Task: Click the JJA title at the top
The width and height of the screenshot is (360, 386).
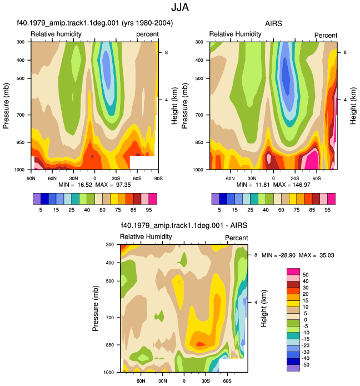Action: pyautogui.click(x=180, y=7)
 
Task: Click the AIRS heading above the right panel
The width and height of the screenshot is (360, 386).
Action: pyautogui.click(x=273, y=23)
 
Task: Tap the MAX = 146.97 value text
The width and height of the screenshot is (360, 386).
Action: pyautogui.click(x=292, y=185)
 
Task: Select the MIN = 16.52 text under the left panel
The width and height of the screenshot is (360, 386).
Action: pyautogui.click(x=75, y=185)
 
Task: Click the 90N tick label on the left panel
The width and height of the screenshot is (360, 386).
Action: pyautogui.click(x=31, y=179)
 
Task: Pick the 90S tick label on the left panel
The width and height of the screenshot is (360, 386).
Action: pyautogui.click(x=158, y=179)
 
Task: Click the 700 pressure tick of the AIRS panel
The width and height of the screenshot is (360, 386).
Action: pyautogui.click(x=199, y=115)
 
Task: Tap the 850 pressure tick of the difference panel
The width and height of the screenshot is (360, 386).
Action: pyautogui.click(x=110, y=345)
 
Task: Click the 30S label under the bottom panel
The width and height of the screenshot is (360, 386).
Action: pyautogui.click(x=206, y=381)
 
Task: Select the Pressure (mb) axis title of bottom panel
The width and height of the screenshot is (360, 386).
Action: pyautogui.click(x=96, y=308)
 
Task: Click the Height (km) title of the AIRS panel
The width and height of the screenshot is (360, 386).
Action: pyautogui.click(x=353, y=106)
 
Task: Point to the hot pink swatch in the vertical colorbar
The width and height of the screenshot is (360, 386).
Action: pyautogui.click(x=293, y=271)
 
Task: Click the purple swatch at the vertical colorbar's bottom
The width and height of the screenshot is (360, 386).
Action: pyautogui.click(x=293, y=368)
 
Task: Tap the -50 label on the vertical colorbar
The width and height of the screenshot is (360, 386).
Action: pyautogui.click(x=305, y=365)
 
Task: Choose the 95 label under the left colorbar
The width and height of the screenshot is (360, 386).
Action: pyautogui.click(x=149, y=210)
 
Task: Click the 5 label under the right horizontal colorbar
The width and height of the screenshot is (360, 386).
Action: pyautogui.click(x=219, y=210)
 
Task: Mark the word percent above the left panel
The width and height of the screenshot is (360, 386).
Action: pyautogui.click(x=148, y=34)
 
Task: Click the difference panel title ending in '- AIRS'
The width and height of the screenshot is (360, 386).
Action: pyautogui.click(x=184, y=225)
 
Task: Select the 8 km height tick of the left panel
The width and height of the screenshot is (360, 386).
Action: pyautogui.click(x=166, y=52)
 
